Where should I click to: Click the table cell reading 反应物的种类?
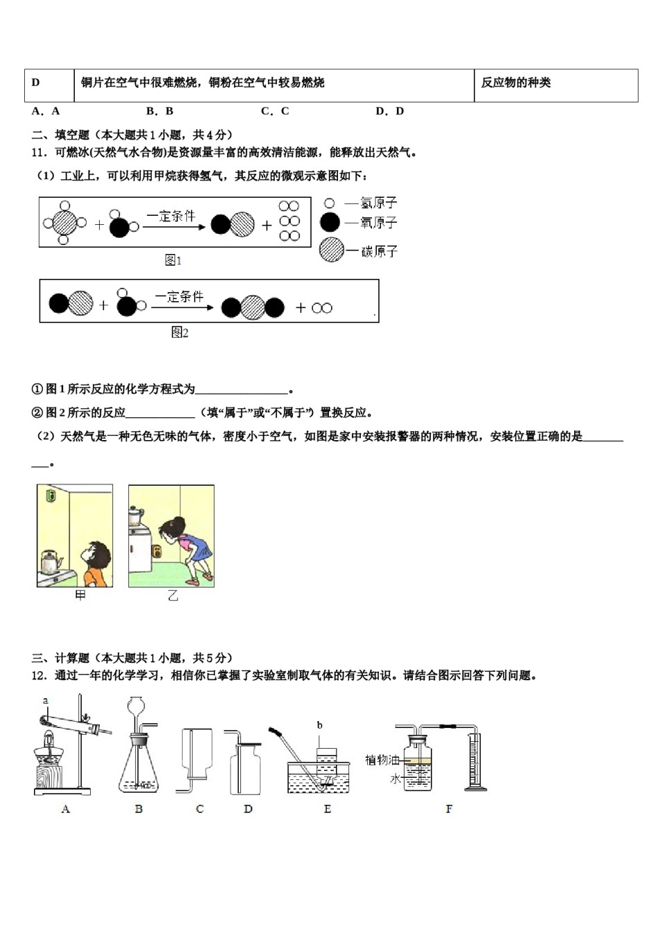point(516,83)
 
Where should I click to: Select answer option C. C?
point(275,111)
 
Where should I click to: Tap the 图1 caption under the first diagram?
point(173,260)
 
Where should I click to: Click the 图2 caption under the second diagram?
point(179,333)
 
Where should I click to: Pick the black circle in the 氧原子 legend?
point(330,222)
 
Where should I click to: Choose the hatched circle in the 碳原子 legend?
point(332,250)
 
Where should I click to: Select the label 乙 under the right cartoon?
point(172,596)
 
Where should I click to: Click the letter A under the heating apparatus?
point(66,809)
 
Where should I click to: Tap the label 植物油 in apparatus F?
point(382,760)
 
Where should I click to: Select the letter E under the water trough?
point(327,809)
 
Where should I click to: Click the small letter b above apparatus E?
point(320,725)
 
